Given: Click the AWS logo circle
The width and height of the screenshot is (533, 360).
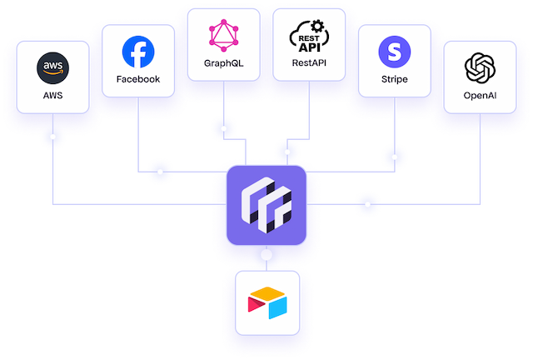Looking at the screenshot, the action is point(52,68).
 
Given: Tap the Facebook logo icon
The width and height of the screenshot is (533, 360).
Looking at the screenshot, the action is point(138,52).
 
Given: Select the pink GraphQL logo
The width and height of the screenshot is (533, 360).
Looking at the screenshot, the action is point(224,36).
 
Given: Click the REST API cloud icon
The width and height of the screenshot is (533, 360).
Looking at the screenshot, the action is point(309,36).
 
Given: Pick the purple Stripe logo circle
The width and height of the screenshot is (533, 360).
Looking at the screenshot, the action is point(394,52).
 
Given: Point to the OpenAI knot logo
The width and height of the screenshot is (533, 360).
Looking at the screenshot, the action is point(480,68).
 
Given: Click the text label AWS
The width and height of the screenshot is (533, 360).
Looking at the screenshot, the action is point(52,95).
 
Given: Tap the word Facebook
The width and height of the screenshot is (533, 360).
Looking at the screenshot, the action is point(138,79).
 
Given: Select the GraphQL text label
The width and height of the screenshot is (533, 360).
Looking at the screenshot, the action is point(224,63).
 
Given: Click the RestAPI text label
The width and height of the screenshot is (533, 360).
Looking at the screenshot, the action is point(309,63).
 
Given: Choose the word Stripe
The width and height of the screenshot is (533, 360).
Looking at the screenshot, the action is point(394,79).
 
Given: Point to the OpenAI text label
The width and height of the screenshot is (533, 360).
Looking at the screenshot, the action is point(480,96).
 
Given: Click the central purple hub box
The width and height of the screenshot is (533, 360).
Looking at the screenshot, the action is point(266,205).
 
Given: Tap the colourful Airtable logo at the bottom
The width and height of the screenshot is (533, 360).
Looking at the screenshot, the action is point(267,302).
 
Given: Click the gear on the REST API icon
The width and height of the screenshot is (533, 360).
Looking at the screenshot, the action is point(317,26).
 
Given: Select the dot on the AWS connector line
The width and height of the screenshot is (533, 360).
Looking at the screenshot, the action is point(52,137).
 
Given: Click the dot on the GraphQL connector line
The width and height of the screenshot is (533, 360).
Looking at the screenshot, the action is point(224,128).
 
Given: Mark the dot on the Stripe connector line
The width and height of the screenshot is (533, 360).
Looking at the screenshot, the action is point(394,157).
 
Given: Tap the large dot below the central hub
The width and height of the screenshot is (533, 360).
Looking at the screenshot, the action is point(266,254).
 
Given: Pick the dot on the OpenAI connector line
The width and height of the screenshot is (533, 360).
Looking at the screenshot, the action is point(367,204).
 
